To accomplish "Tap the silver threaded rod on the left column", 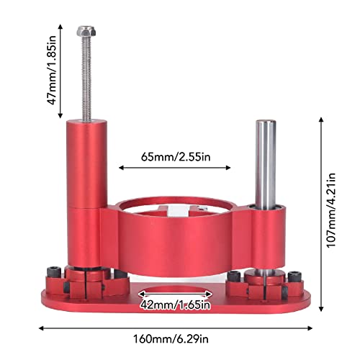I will coord(84,79).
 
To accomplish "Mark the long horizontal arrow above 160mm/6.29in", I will coord(180,326).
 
